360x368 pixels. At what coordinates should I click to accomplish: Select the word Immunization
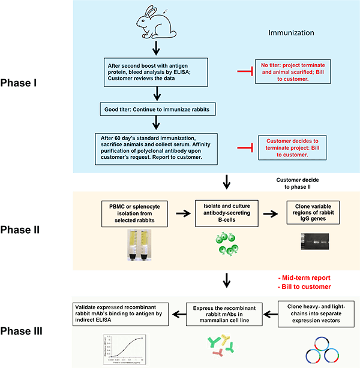pos(292,34)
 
